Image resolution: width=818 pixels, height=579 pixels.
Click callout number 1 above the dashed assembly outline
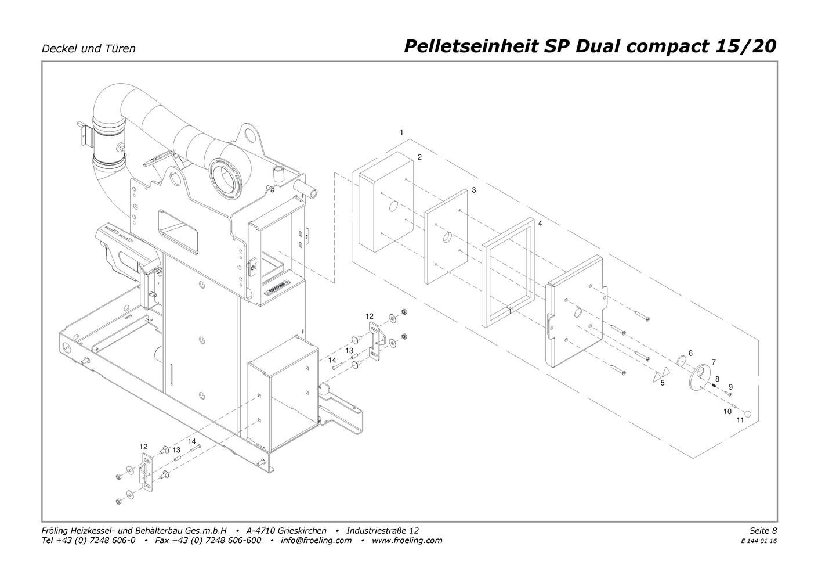[401, 132]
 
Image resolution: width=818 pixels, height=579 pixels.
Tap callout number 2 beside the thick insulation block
[419, 157]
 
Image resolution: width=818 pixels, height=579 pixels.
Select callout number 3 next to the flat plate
[473, 190]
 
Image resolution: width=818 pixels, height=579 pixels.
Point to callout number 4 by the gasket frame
[540, 224]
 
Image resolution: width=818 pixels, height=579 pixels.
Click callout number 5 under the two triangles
[663, 383]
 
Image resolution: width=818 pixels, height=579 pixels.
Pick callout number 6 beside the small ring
[690, 353]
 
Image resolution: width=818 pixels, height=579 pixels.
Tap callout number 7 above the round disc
[714, 362]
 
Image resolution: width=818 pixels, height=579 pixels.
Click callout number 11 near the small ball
[740, 420]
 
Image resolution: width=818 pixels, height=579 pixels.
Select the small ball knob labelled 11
[748, 414]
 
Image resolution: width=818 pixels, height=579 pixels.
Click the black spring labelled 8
[714, 386]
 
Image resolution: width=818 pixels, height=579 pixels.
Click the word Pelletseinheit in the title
[470, 47]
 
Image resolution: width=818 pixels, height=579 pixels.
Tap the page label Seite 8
[763, 530]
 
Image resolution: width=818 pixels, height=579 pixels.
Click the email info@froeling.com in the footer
[316, 540]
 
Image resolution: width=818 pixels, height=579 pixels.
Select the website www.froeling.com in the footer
[407, 540]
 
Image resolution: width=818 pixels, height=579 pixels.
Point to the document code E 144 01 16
[759, 541]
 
